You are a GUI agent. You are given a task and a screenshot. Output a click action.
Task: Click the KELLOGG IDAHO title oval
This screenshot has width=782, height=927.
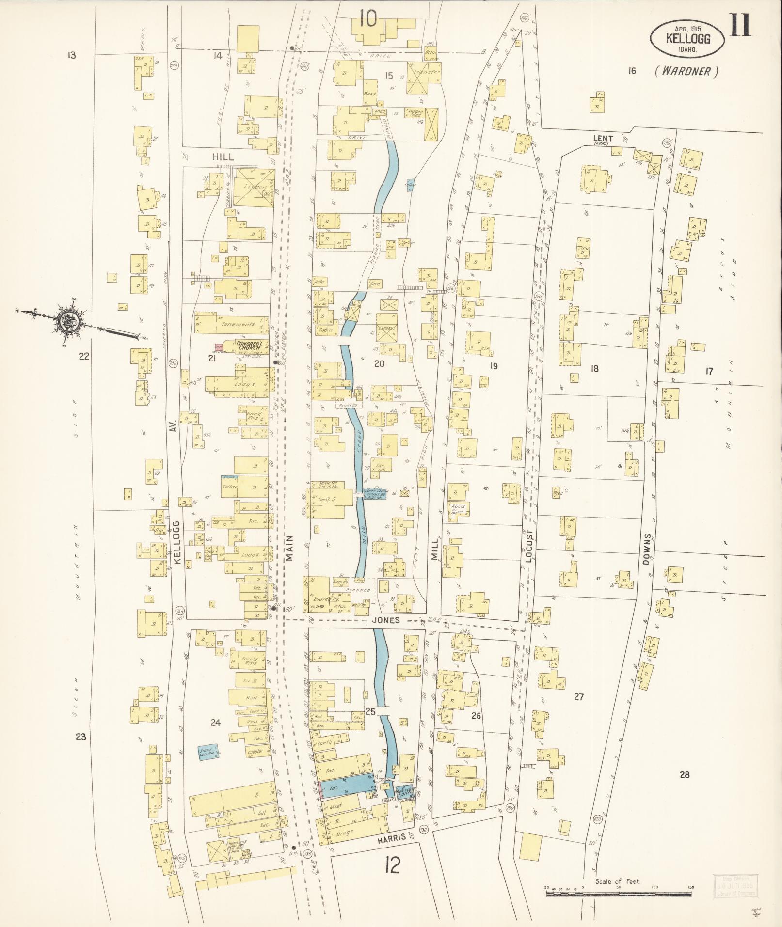click(x=687, y=38)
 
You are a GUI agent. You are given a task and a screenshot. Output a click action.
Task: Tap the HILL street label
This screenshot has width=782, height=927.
click(x=223, y=157)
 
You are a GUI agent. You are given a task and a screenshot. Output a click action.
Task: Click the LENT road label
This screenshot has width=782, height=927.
click(x=603, y=139)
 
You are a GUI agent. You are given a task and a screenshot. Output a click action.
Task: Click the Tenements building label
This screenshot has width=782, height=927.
click(x=234, y=324)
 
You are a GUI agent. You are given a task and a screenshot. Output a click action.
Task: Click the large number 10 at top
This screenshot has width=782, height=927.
click(x=368, y=19)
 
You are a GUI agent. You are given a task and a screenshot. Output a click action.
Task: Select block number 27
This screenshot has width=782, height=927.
click(x=578, y=697)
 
